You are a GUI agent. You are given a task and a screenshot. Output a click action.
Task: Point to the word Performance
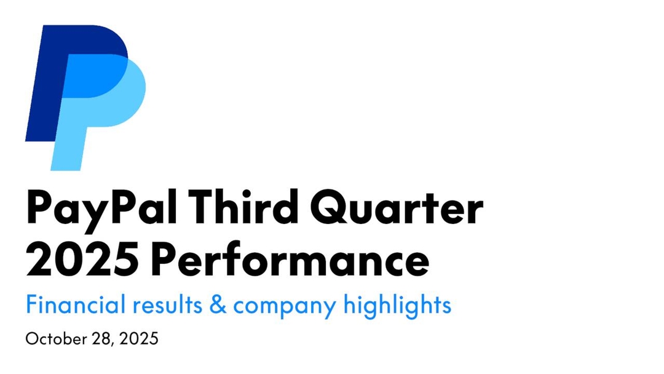289,261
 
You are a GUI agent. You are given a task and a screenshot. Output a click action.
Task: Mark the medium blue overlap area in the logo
92,74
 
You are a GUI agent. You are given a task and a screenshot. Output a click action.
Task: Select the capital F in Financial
31,304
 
